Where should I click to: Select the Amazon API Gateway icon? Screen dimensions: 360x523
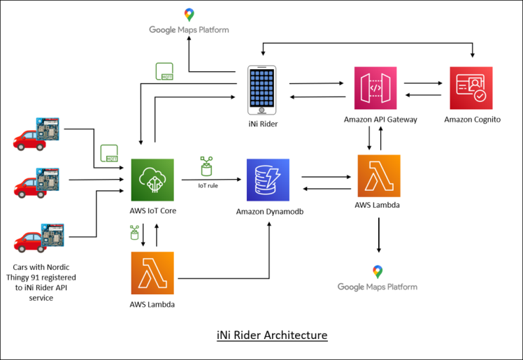click(375, 88)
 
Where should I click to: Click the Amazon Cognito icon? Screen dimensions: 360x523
click(471, 88)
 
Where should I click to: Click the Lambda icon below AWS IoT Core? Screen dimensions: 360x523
click(152, 273)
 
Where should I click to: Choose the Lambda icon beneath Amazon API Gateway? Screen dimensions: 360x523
click(379, 176)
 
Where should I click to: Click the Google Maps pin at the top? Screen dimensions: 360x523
click(189, 15)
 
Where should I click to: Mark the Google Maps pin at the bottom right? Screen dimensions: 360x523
click(378, 272)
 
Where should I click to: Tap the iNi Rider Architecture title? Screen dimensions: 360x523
click(272, 336)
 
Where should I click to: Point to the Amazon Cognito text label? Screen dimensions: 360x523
click(472, 120)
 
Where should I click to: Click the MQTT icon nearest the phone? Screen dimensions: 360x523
click(164, 70)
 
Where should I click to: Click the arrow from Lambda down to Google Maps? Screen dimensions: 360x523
click(378, 235)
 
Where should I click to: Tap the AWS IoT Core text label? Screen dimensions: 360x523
click(152, 211)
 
